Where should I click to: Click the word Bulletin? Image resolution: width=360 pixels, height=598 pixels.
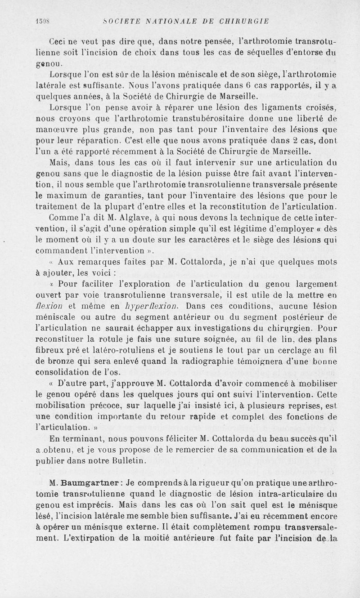point(127,460)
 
